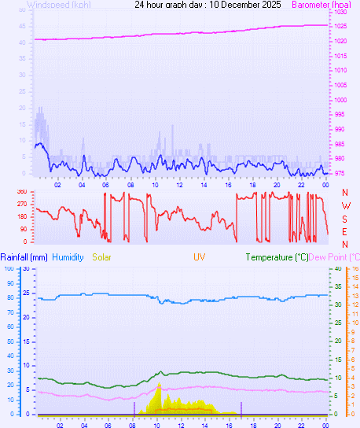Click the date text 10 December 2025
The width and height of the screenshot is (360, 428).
(236, 5)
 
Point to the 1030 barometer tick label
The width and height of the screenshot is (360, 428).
(340, 13)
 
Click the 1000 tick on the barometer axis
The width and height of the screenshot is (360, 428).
(340, 100)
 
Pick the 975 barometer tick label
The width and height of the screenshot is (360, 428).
(339, 173)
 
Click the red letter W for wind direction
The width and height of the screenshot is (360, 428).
(345, 206)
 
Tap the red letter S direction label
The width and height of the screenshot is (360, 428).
(345, 219)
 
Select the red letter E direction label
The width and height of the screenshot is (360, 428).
(345, 231)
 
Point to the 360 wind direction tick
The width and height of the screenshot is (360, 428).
(21, 192)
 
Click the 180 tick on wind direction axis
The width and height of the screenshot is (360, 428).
(21, 217)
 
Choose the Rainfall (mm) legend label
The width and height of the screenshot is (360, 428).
(24, 257)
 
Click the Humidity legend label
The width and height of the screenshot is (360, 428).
(68, 257)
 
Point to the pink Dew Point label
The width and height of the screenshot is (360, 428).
(333, 257)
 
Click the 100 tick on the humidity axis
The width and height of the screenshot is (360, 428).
(9, 269)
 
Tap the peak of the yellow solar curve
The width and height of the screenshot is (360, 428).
(160, 383)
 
